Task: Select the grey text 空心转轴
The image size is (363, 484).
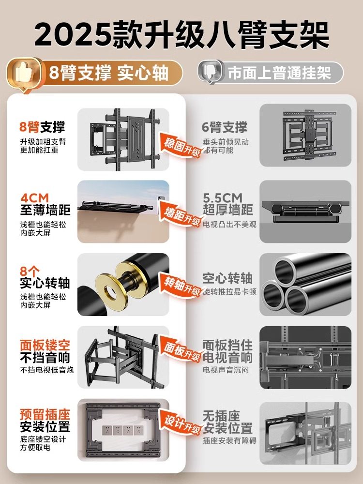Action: pos(227,278)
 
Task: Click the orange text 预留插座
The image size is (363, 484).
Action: pos(45,415)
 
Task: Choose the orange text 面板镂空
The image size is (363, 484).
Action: pos(45,345)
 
